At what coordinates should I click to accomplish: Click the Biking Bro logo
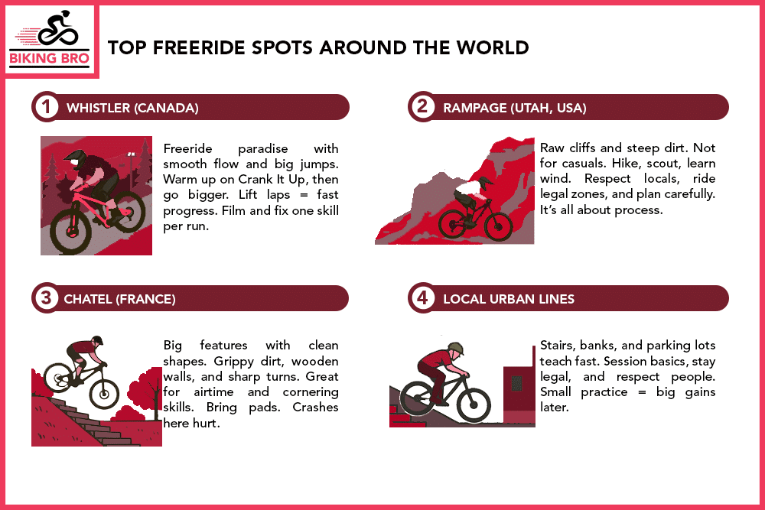pos(51,41)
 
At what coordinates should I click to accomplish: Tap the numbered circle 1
pos(46,108)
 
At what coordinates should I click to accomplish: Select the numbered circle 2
pos(422,108)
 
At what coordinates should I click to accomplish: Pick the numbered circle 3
pos(46,299)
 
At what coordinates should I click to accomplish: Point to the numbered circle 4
pos(422,299)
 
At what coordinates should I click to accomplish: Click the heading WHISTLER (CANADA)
pos(132,109)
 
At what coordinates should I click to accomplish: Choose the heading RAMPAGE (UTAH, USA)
pos(514,109)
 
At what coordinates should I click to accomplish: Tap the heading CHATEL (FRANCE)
pos(121,299)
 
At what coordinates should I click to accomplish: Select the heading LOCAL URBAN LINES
pos(509,299)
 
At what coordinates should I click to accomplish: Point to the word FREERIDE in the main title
pos(192,47)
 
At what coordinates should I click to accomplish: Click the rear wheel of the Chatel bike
pos(58,378)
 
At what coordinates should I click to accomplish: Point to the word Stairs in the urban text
pos(556,346)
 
